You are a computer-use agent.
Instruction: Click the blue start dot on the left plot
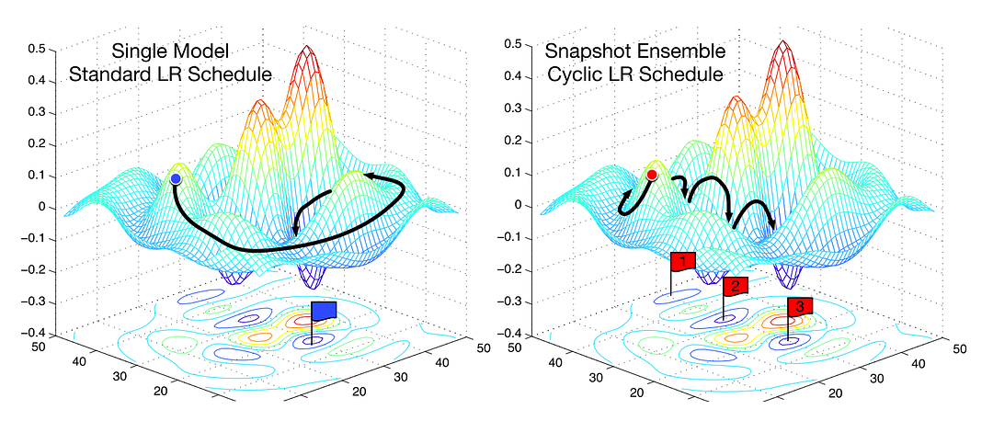[x=175, y=177]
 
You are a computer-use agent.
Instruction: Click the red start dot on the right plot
[x=652, y=175]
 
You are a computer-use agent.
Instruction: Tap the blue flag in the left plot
[x=325, y=312]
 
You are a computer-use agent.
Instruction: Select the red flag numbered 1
[x=682, y=262]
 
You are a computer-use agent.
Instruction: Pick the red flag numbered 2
[x=736, y=286]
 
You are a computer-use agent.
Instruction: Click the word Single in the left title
[x=136, y=52]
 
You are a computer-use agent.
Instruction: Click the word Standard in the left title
[x=104, y=75]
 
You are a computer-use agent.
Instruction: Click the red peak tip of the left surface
[x=305, y=47]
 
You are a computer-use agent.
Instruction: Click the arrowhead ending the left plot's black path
[x=295, y=230]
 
